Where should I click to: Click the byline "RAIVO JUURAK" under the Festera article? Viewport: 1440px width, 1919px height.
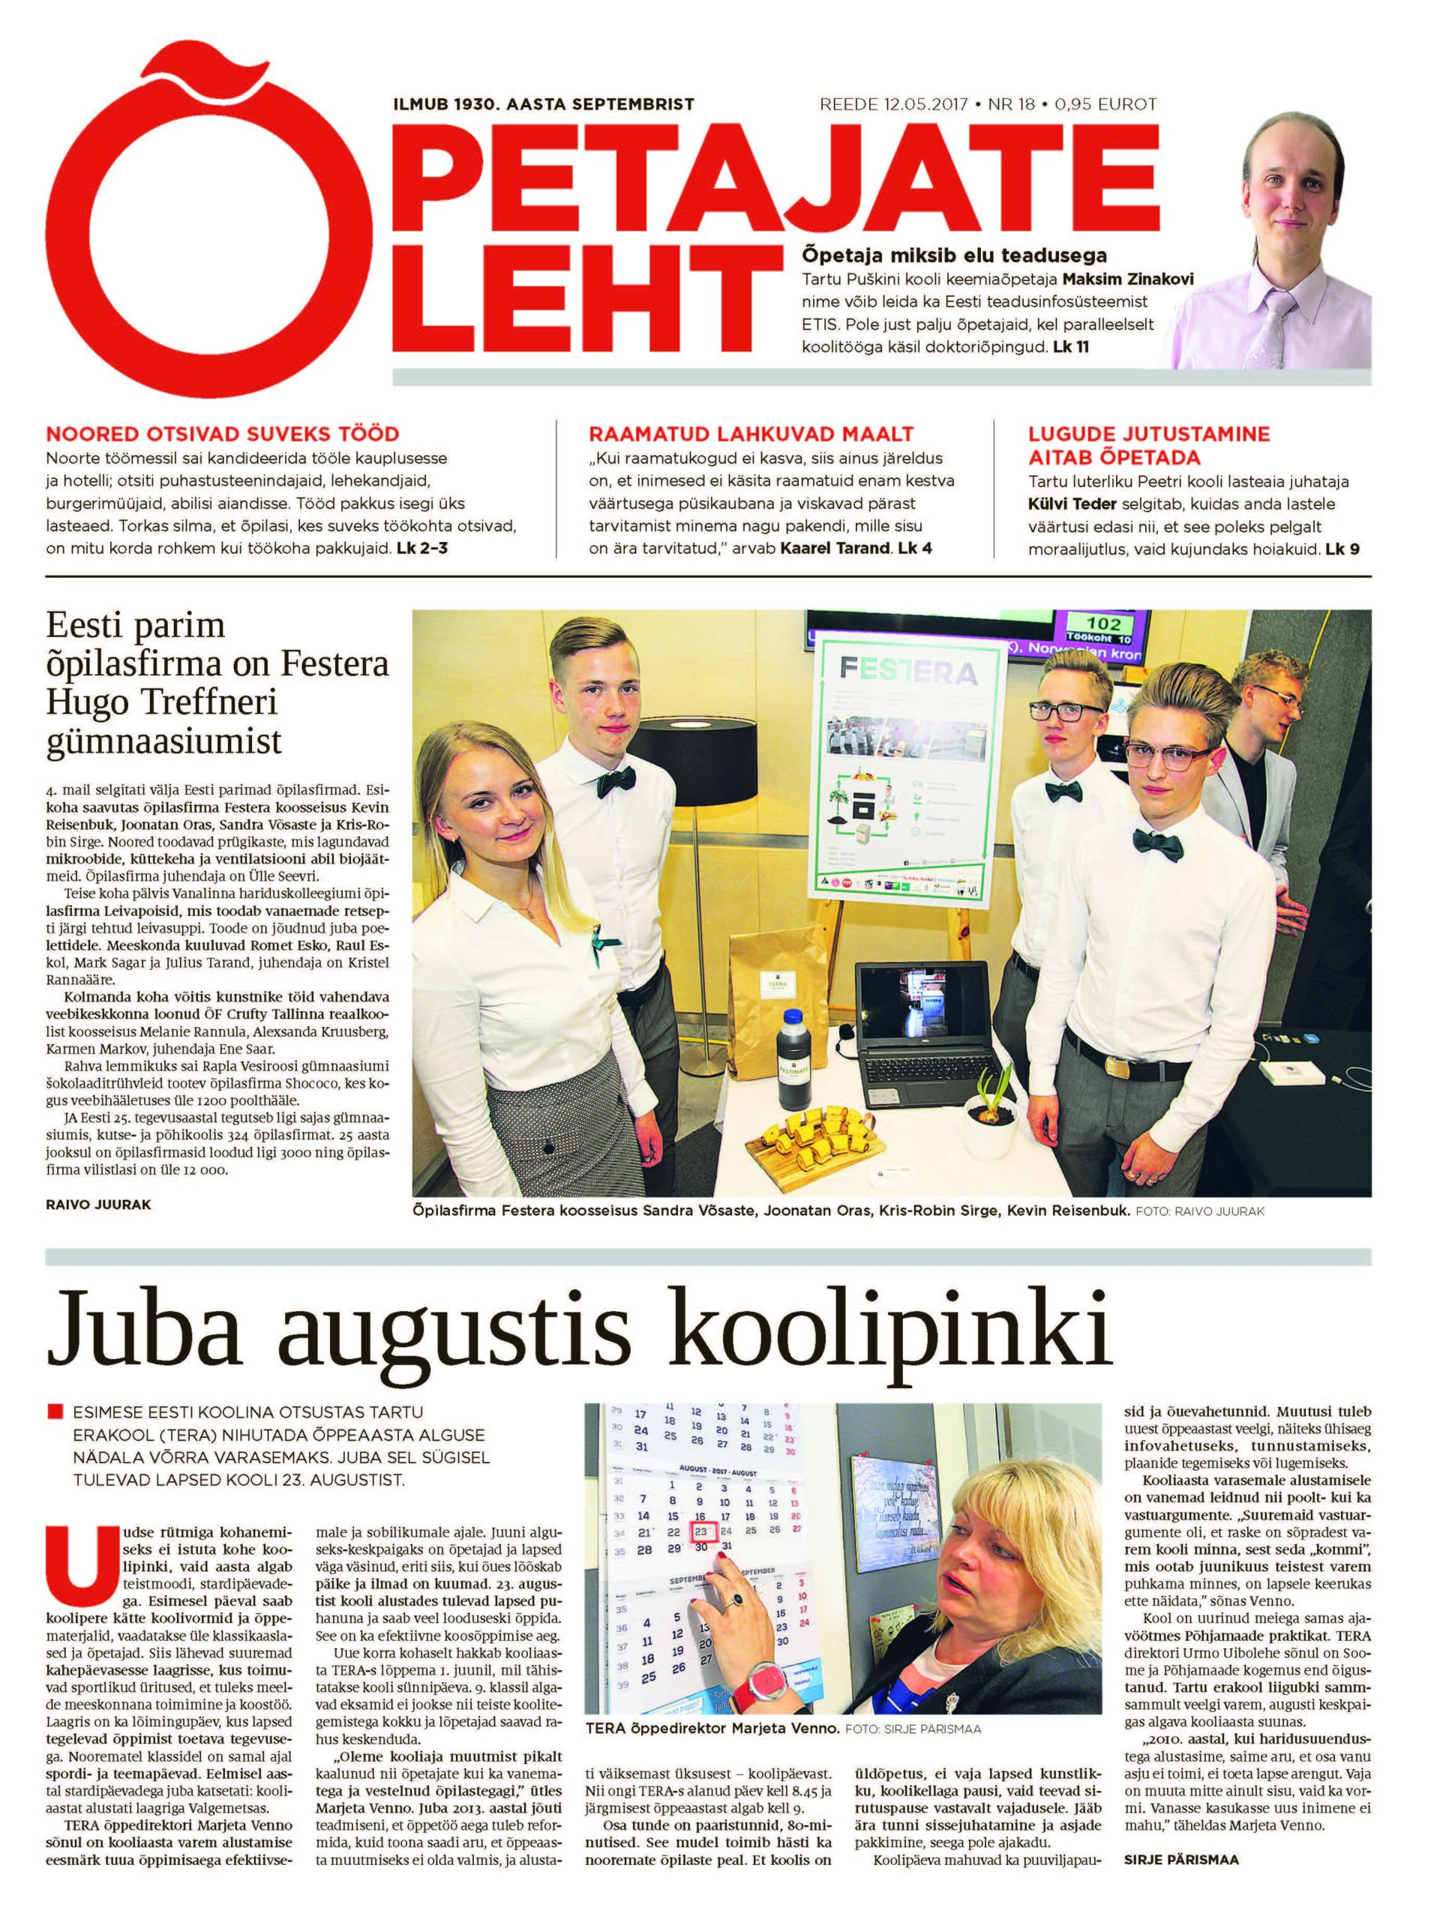point(97,1205)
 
